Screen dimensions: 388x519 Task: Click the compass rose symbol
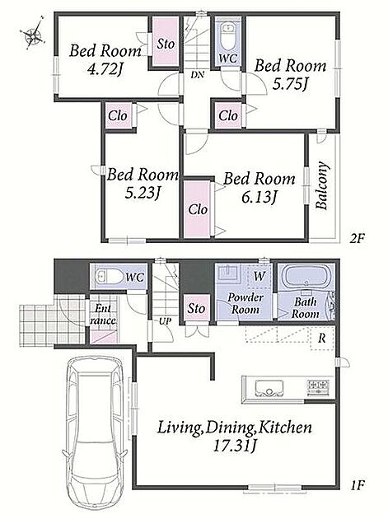[x=33, y=33]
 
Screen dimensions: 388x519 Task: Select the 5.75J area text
[x=290, y=84]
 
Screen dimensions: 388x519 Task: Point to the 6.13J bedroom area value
[x=259, y=198]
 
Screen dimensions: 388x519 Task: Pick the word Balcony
[x=322, y=185]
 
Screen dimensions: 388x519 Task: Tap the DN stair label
[x=197, y=75]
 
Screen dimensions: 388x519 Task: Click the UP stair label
[x=165, y=321]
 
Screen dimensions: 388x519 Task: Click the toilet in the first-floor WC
[x=106, y=276]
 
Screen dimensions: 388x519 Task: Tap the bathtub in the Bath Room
[x=307, y=276]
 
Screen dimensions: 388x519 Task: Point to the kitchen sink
[x=269, y=388]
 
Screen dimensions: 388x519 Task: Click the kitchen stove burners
[x=318, y=386]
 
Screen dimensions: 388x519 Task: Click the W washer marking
[x=259, y=275]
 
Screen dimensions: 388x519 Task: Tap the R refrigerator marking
[x=322, y=339]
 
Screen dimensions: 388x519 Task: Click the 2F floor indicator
[x=357, y=238]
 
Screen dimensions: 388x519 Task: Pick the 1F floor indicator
[x=357, y=485]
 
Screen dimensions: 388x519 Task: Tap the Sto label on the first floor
[x=196, y=308]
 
